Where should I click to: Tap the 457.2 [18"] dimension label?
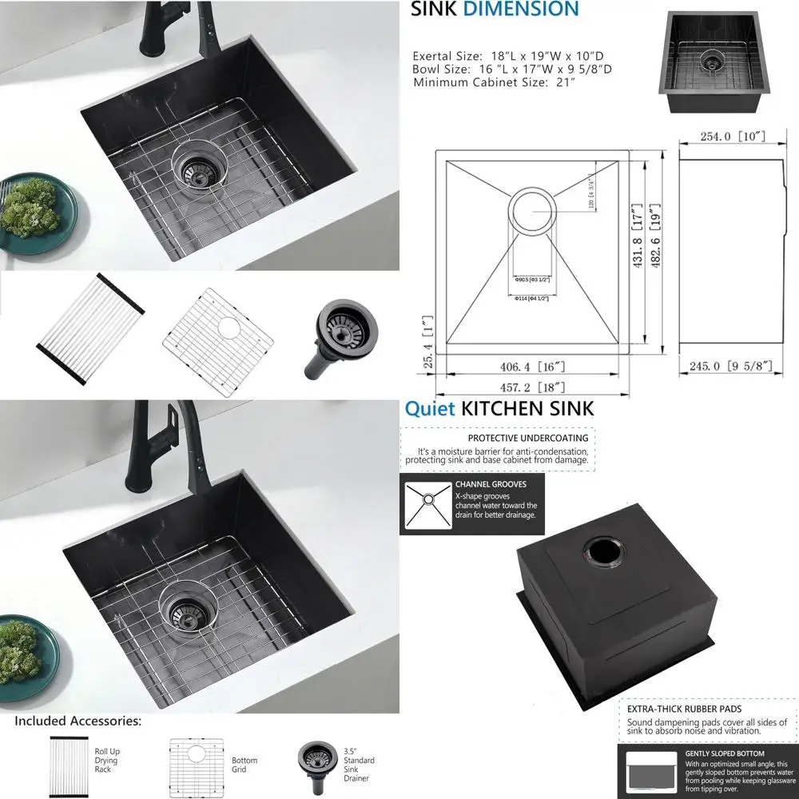tap(531, 388)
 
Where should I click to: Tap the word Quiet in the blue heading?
tap(430, 409)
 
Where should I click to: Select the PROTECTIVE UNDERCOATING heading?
tap(527, 438)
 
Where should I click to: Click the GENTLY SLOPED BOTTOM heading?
tap(724, 753)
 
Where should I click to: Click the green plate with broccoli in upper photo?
tap(33, 212)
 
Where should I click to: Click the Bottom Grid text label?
tap(244, 765)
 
